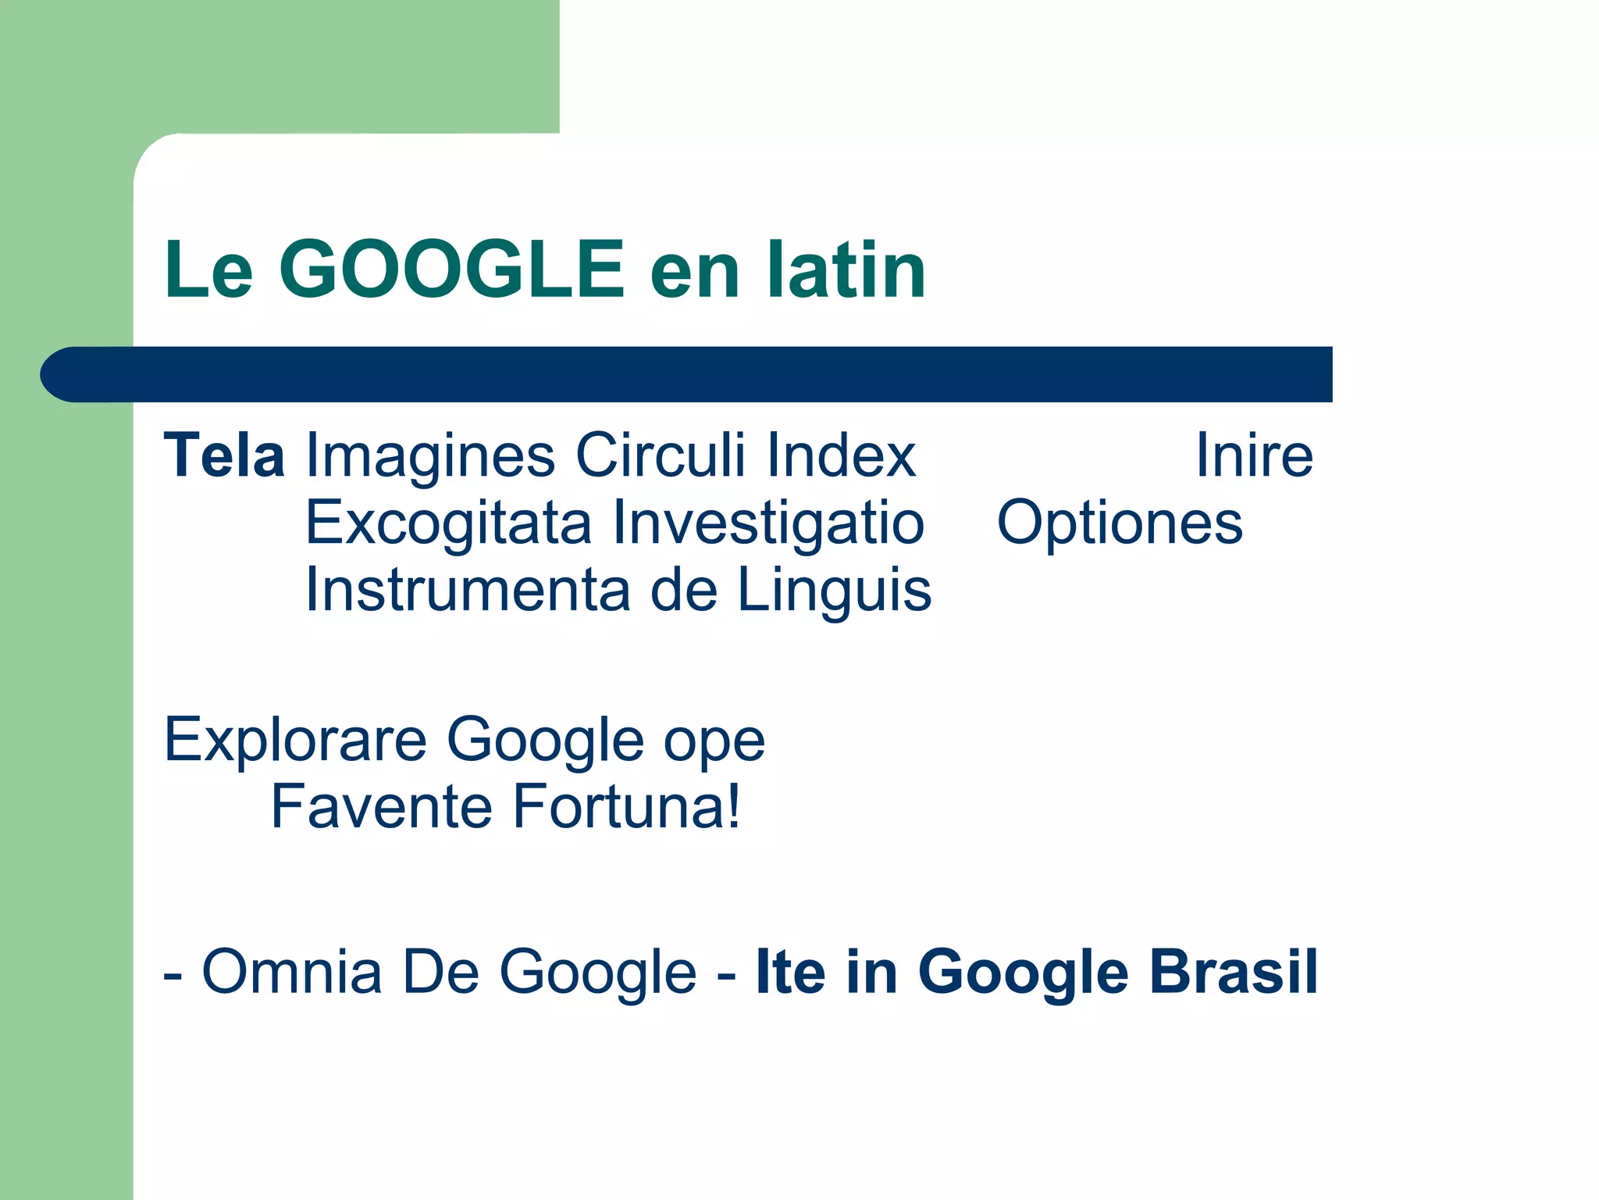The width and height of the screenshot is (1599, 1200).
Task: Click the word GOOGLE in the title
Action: pyautogui.click(x=451, y=270)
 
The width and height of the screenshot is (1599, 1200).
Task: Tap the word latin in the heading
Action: pyautogui.click(x=846, y=270)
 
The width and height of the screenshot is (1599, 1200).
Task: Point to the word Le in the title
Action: pyautogui.click(x=208, y=270)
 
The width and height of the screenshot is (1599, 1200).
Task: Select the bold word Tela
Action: pyautogui.click(x=224, y=455)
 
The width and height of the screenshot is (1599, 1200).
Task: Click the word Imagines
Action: pyautogui.click(x=430, y=455)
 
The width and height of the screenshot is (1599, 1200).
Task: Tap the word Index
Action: pyautogui.click(x=841, y=455)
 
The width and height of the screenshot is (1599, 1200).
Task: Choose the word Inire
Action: pyautogui.click(x=1254, y=455)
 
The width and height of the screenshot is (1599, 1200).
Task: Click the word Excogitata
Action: pyautogui.click(x=448, y=523)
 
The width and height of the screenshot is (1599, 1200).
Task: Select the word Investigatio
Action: pyautogui.click(x=768, y=523)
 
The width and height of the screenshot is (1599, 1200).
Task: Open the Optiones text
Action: pyautogui.click(x=1120, y=523)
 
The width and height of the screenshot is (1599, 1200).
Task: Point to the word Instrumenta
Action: pyautogui.click(x=468, y=590)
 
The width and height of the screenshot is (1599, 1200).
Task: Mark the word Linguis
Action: pyautogui.click(x=834, y=590)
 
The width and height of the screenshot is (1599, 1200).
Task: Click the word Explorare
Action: pyautogui.click(x=295, y=739)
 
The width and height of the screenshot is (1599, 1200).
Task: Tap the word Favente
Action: pyautogui.click(x=381, y=806)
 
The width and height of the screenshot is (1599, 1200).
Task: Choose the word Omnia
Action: pyautogui.click(x=292, y=972)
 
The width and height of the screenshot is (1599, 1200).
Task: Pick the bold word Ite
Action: pyautogui.click(x=790, y=972)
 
